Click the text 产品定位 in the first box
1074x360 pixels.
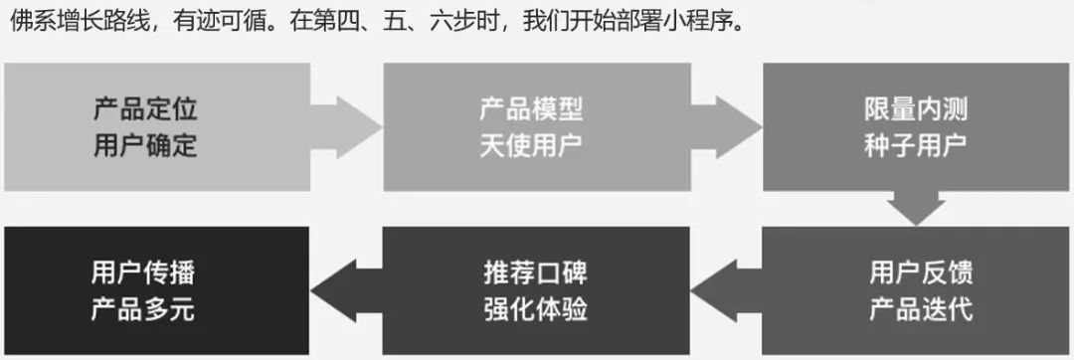[145, 109]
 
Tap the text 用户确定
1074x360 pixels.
[145, 145]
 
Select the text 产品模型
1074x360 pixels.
[531, 109]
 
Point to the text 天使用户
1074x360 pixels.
[531, 145]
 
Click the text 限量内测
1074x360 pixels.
[916, 109]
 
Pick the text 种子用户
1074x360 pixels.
[916, 145]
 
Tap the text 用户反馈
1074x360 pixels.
[921, 273]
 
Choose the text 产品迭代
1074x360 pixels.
[921, 309]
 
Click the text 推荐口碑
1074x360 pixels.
[536, 273]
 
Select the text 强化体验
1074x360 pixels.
[536, 309]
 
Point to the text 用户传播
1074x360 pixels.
[143, 273]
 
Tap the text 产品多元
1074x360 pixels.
[143, 309]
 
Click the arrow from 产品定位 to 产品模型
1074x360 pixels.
[346, 127]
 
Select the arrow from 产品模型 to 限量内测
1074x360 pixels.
[726, 127]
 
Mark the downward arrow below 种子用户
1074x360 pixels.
[916, 208]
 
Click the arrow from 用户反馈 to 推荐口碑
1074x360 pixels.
[726, 290]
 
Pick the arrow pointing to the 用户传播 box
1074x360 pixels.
[346, 290]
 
